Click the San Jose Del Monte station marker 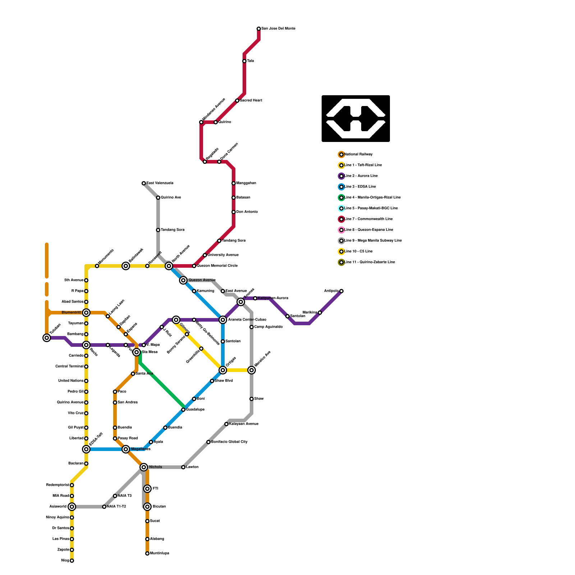[259, 29]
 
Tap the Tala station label [250, 61]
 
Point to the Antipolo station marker [341, 291]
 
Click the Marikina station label [309, 313]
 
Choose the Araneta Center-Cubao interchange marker [223, 320]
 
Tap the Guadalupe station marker [183, 410]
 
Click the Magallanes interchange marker [126, 449]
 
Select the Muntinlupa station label [160, 553]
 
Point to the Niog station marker [72, 561]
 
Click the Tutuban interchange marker [47, 338]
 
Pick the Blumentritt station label [72, 313]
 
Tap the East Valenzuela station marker [144, 183]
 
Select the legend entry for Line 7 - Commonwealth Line [368, 219]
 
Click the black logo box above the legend [356, 119]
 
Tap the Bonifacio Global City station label [229, 442]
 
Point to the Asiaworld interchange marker [72, 507]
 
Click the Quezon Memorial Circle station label [217, 266]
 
